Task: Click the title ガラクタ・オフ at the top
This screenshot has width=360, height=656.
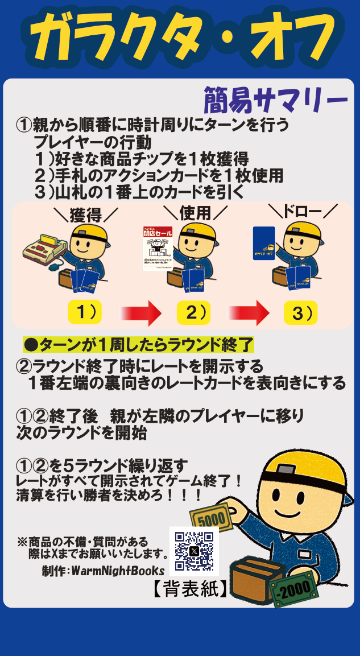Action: click(180, 39)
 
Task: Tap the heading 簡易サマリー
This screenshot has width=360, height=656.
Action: click(275, 101)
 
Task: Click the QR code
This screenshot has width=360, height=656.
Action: click(194, 551)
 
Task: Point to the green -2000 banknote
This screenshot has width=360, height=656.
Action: click(294, 588)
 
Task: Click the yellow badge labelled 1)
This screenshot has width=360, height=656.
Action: click(85, 312)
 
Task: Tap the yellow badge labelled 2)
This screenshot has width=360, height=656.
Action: click(193, 312)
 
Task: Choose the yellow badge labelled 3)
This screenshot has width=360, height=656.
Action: click(301, 312)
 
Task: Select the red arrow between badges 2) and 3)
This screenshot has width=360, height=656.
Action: click(249, 313)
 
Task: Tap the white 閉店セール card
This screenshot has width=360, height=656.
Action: click(157, 249)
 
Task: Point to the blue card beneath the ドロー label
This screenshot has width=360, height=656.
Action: click(264, 244)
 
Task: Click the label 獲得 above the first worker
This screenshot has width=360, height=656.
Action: click(85, 216)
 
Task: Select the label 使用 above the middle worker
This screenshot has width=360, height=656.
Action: click(195, 213)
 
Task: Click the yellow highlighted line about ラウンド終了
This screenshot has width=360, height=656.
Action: click(138, 345)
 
